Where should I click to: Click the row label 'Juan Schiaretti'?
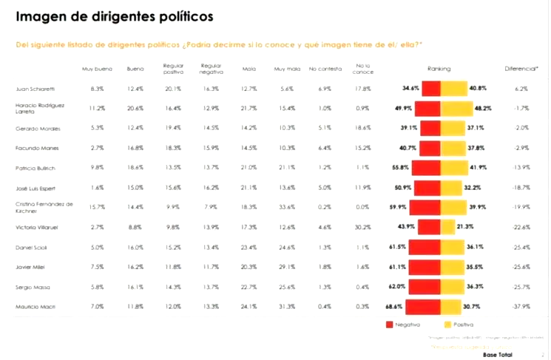pos(33,89)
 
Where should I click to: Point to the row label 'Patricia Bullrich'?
pos(36,167)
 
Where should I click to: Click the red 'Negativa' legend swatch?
pos(389,324)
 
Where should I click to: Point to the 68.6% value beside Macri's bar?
pos(393,305)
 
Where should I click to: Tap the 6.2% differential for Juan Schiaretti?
pos(521,89)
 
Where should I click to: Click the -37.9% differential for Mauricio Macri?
pos(521,305)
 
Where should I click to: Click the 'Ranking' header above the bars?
pos(439,68)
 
